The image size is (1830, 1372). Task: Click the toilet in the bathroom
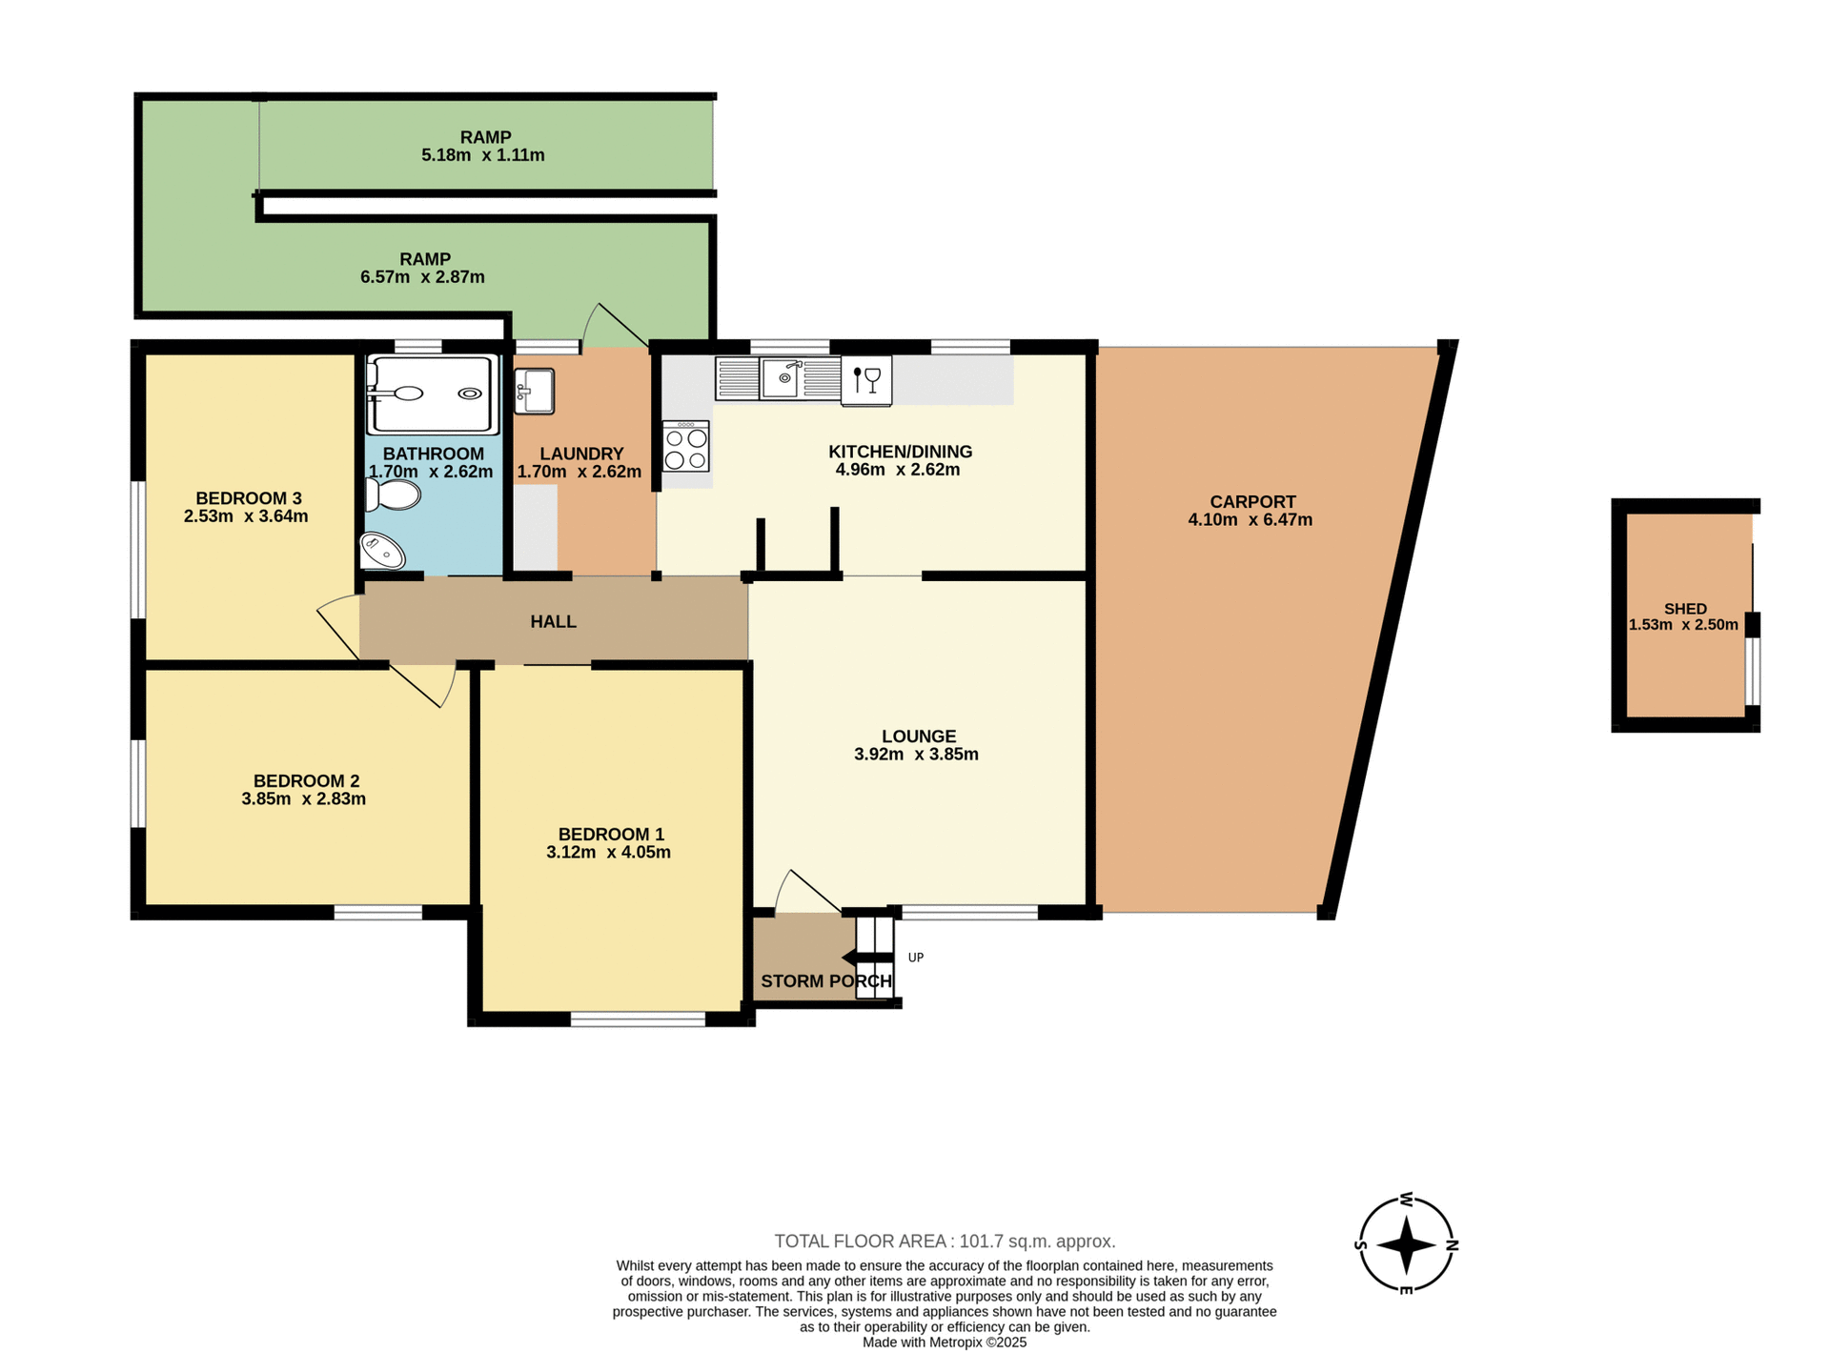pyautogui.click(x=394, y=494)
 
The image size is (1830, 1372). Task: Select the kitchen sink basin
pyautogui.click(x=781, y=378)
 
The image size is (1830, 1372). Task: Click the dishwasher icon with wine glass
pyautogui.click(x=866, y=380)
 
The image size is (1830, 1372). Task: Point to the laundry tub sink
pyautogui.click(x=535, y=391)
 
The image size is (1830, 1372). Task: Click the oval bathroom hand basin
pyautogui.click(x=382, y=551)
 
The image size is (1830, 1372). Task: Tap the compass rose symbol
pyautogui.click(x=1406, y=1244)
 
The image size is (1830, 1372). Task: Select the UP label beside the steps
pyautogui.click(x=916, y=958)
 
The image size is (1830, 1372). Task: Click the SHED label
pyautogui.click(x=1685, y=609)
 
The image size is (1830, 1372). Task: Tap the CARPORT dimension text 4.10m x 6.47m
pyautogui.click(x=1250, y=520)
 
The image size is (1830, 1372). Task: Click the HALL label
pyautogui.click(x=553, y=621)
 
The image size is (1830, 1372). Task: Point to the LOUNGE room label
pyautogui.click(x=918, y=736)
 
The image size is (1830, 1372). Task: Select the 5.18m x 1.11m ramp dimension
pyautogui.click(x=483, y=155)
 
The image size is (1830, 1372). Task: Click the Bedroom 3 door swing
pyautogui.click(x=337, y=625)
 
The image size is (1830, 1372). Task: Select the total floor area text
pyautogui.click(x=945, y=1241)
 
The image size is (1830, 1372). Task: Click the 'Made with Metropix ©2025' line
pyautogui.click(x=945, y=1342)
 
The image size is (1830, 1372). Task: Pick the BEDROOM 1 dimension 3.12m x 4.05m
pyautogui.click(x=608, y=853)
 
